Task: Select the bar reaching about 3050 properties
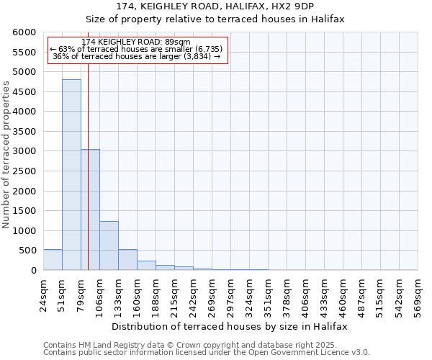(x=90, y=210)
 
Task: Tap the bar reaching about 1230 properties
(x=109, y=246)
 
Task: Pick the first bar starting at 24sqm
(x=53, y=260)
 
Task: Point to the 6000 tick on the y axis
(x=24, y=32)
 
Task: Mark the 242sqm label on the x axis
(x=193, y=295)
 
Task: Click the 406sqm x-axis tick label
(x=305, y=295)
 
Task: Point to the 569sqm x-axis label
(x=418, y=295)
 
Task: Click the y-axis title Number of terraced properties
(x=6, y=155)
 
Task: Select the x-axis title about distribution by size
(x=230, y=326)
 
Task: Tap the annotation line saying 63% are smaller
(x=137, y=49)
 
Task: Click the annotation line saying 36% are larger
(x=137, y=57)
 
